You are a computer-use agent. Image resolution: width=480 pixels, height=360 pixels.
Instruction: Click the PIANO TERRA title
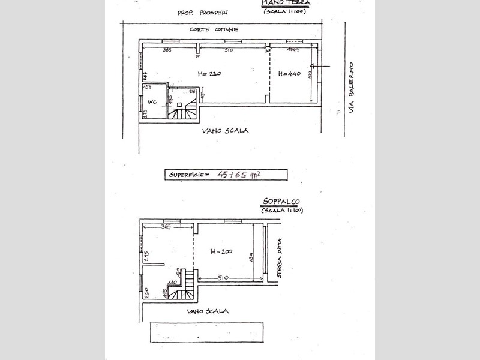pos(286,4)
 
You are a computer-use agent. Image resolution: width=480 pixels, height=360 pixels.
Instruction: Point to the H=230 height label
pos(209,74)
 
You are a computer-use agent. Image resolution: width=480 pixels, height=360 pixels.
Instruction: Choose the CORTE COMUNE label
pos(214,29)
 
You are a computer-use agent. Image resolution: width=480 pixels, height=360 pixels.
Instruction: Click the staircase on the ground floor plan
pos(181,110)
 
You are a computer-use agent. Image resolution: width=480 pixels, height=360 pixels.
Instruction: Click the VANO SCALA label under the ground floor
pos(225,131)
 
